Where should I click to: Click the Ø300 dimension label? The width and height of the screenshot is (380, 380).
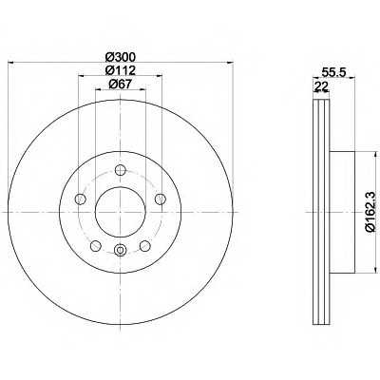click(x=120, y=57)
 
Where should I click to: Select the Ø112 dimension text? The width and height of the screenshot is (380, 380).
click(x=120, y=70)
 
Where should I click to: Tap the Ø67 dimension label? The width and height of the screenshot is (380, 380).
click(x=120, y=84)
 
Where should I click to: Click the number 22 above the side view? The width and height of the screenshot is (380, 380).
click(x=321, y=86)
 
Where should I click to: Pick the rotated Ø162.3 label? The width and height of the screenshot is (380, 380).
click(x=370, y=211)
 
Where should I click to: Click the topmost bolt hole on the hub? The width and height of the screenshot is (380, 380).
click(x=120, y=170)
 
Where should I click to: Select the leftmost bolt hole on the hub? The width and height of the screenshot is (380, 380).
click(x=81, y=199)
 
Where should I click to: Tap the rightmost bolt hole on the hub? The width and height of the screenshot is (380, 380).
click(x=160, y=199)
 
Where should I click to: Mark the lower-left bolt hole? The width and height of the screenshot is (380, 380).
click(x=96, y=246)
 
